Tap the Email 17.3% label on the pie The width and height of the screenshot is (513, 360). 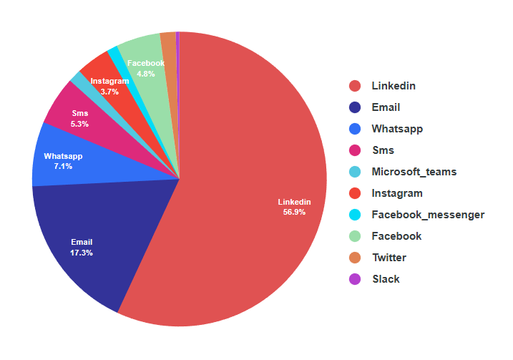82,247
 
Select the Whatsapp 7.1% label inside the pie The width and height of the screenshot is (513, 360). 63,161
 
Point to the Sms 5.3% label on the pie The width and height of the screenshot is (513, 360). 80,118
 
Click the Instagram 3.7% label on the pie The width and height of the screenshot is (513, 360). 109,87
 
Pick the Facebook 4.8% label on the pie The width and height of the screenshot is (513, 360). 146,68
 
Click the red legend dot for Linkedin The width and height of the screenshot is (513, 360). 355,86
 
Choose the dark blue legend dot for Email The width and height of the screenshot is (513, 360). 355,107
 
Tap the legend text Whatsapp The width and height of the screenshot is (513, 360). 397,129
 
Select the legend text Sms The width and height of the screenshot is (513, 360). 383,150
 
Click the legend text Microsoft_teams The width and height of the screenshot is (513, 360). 414,172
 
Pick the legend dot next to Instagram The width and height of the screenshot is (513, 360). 355,193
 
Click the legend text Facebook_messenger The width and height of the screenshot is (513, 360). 428,215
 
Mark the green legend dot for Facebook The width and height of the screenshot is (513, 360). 355,236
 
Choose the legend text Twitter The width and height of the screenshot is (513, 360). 389,258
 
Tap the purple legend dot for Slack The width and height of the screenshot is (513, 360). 355,279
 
